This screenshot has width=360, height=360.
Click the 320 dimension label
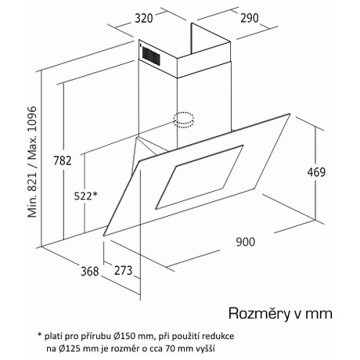(143, 19)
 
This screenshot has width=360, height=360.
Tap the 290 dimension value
(250, 18)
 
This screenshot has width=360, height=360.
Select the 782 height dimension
(63, 160)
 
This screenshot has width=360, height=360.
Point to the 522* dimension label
(85, 196)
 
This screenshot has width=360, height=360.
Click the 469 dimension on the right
(316, 172)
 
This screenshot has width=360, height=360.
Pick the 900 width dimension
(246, 242)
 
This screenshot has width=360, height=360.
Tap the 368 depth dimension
(90, 272)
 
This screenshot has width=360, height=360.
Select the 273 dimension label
(124, 270)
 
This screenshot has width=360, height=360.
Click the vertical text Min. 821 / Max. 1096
(32, 162)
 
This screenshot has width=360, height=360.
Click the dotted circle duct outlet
(184, 121)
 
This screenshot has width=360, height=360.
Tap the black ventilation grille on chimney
(151, 56)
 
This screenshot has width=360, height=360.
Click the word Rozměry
(259, 314)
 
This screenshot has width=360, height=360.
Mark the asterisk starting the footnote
(40, 334)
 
